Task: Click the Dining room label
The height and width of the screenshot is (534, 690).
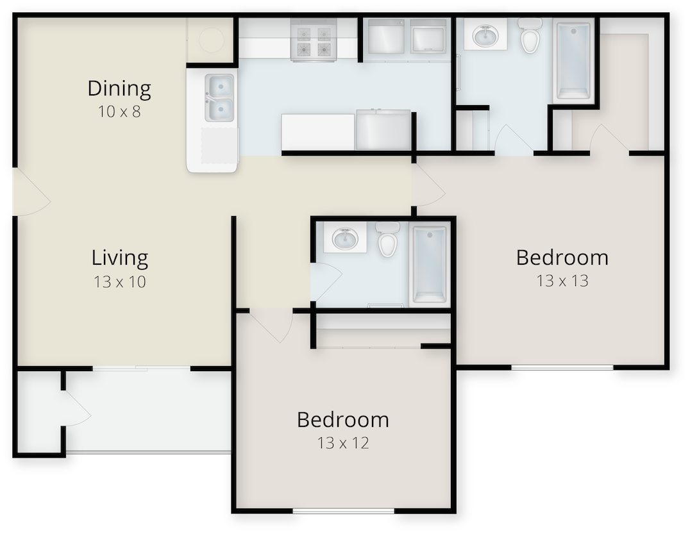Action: point(119,88)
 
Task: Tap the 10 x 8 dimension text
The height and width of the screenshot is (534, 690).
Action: point(119,112)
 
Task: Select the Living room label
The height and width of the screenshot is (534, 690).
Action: point(120,258)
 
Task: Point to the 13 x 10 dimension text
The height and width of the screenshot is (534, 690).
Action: point(120,281)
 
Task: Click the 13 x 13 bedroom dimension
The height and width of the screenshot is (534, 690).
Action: point(562,281)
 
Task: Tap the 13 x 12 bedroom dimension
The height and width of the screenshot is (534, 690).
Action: point(343,443)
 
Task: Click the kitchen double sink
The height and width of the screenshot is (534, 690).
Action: point(219,97)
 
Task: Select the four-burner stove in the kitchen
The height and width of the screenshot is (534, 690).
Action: point(314,40)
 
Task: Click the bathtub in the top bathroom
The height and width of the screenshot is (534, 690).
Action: point(573,61)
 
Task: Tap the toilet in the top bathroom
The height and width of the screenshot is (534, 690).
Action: point(530,36)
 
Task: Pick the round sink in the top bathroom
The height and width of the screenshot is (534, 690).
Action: point(485,35)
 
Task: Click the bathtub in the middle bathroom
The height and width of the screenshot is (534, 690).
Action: point(429,264)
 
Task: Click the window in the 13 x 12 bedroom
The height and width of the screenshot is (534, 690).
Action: point(343,511)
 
